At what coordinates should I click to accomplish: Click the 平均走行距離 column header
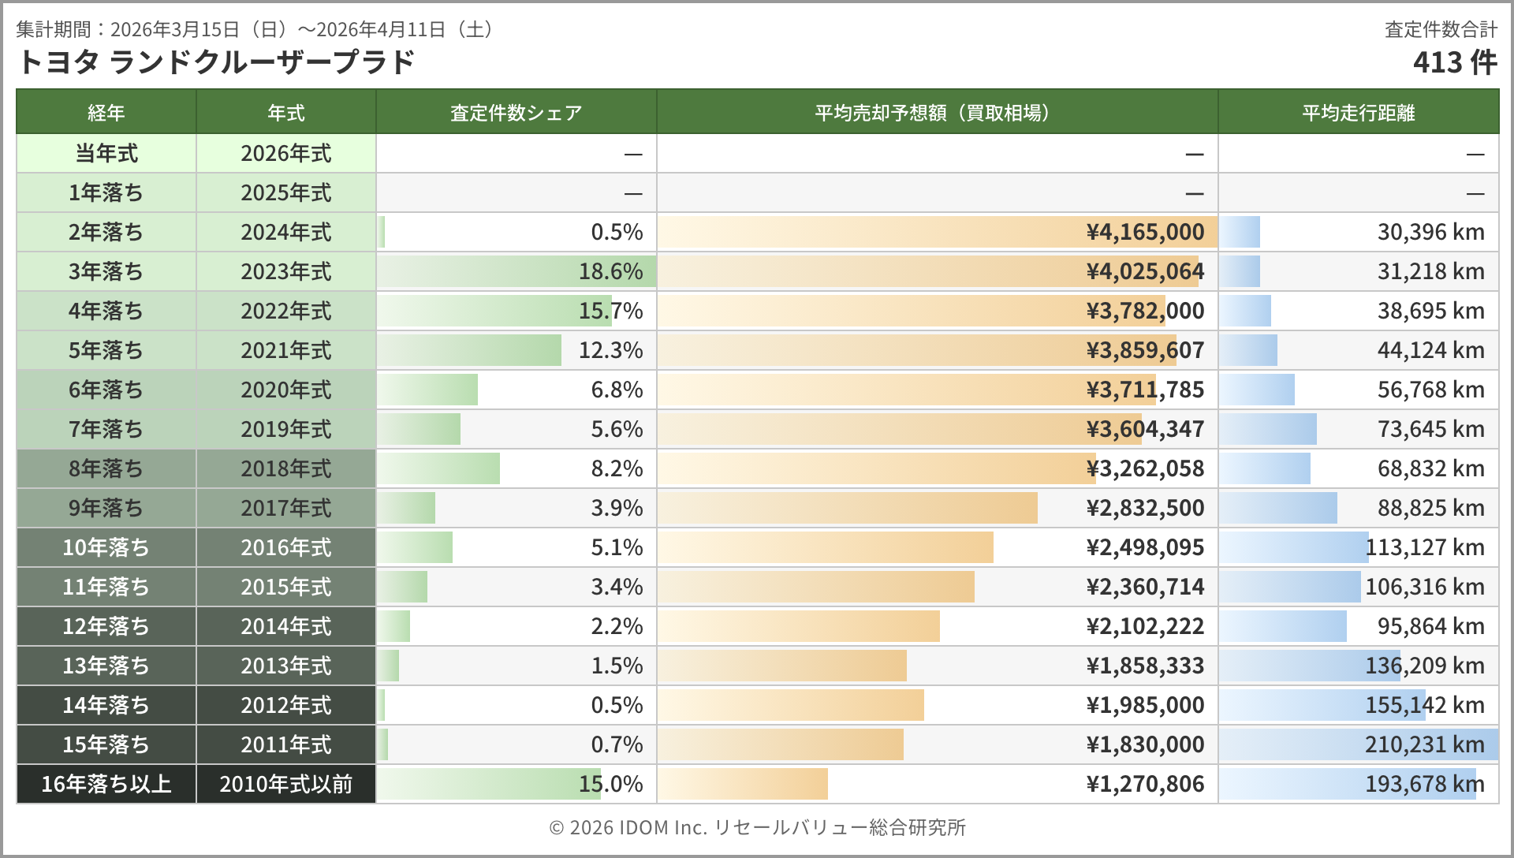1358,113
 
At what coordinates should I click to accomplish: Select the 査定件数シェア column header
516,113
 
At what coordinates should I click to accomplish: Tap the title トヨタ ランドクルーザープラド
215,62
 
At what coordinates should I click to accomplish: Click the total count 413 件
1454,62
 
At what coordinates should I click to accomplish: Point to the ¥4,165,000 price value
1145,232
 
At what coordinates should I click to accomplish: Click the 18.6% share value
610,271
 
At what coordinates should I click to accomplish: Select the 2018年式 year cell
285,468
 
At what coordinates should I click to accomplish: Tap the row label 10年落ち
106,547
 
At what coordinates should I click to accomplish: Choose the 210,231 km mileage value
1424,744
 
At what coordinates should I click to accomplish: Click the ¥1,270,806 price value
1145,784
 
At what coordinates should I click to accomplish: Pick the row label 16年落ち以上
106,784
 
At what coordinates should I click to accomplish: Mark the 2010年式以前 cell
285,784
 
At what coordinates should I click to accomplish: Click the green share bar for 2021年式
469,350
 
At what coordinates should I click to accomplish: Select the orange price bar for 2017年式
848,508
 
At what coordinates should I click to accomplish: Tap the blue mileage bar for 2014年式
1283,626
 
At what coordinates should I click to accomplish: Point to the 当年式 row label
106,153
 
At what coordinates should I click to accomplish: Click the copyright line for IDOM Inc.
757,827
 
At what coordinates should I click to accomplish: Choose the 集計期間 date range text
257,30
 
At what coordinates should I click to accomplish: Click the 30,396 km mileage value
1430,232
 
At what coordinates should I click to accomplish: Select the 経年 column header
106,113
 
